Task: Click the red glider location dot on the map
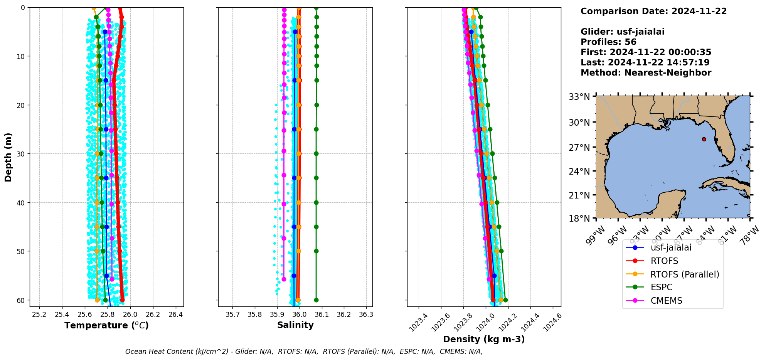coord(704,139)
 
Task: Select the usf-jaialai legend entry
coord(671,247)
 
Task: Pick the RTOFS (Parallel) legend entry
coord(684,274)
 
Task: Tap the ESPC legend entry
coord(661,288)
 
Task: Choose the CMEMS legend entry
coord(666,301)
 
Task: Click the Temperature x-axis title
coord(106,325)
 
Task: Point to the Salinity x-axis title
coord(295,325)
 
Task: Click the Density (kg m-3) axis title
coord(484,339)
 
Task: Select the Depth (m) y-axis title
coord(8,157)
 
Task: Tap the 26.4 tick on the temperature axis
coord(175,315)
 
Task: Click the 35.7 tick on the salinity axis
coord(232,315)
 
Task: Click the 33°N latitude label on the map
coord(579,97)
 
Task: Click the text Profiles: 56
coord(608,42)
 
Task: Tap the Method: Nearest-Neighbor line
coord(646,72)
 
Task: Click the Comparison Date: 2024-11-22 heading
coord(653,11)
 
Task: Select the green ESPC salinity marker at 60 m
coord(316,300)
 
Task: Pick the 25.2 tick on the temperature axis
coord(39,315)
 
